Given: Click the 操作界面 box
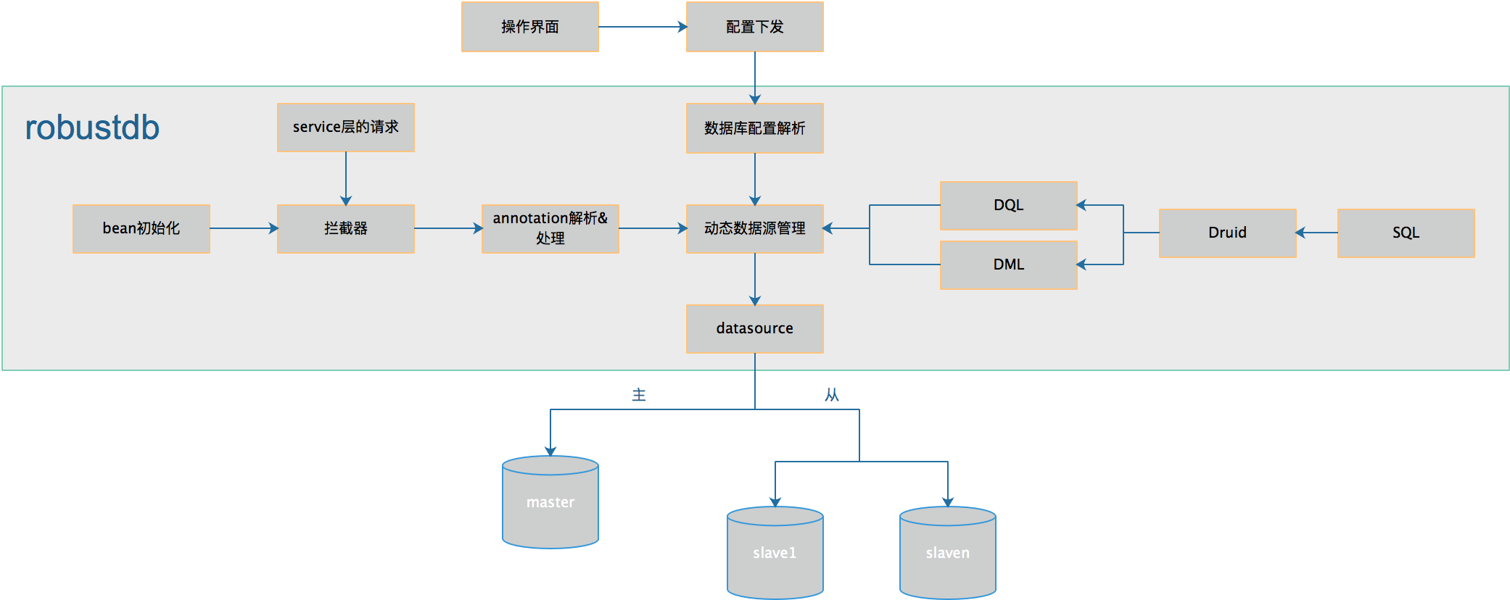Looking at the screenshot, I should coord(529,27).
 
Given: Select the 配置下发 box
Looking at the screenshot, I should coord(754,27).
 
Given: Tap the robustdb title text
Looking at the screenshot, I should coord(92,128).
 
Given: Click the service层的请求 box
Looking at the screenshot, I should coord(345,127).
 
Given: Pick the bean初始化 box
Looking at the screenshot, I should coord(141,228).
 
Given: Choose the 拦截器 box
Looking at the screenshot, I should coord(345,228).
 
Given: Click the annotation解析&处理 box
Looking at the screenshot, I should coord(550,228).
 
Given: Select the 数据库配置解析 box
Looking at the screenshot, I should coord(754,128).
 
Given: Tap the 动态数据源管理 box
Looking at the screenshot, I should coord(754,228).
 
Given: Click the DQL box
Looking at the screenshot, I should coord(1008,205).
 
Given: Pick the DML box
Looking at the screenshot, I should coord(1008,264).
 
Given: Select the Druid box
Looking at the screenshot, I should coord(1227,233).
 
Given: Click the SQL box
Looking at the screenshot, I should coord(1406,233).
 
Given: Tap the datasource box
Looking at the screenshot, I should coord(754,328).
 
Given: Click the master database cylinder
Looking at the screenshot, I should coord(550,502).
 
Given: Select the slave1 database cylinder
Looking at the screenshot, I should coord(775,553).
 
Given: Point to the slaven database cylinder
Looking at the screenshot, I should coord(947,553).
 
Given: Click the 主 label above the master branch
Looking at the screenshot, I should coord(639,395).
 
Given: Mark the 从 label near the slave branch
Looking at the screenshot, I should coord(831,395).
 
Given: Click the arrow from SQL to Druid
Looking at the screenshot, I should coord(1317,233).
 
